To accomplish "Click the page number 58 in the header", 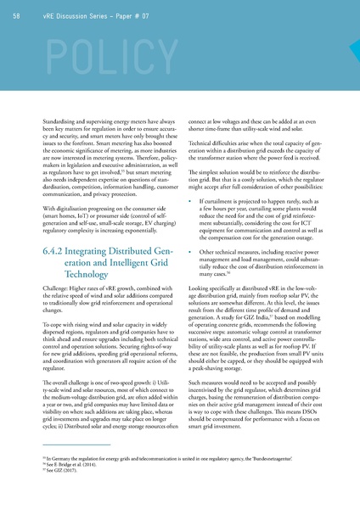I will pos(19,18).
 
